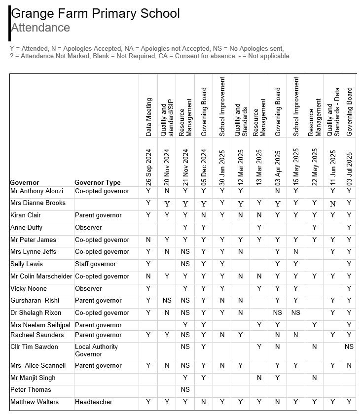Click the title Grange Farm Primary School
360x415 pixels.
(95, 13)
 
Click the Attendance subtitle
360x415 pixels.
(40, 28)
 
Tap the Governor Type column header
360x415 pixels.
(98, 182)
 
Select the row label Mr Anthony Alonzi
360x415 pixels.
(37, 191)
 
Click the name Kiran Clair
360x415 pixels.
(26, 215)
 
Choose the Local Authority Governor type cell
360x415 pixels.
(96, 350)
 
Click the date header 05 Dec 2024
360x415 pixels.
(204, 167)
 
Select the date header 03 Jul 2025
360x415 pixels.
(349, 167)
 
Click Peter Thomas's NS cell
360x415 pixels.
(185, 390)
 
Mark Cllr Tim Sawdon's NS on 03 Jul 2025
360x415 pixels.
(349, 347)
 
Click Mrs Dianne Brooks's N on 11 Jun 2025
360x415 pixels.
(333, 203)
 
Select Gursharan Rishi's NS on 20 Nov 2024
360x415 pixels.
(167, 301)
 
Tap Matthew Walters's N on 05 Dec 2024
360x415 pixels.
(204, 402)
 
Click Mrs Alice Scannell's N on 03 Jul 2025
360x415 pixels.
(349, 366)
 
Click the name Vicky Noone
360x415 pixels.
(29, 289)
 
